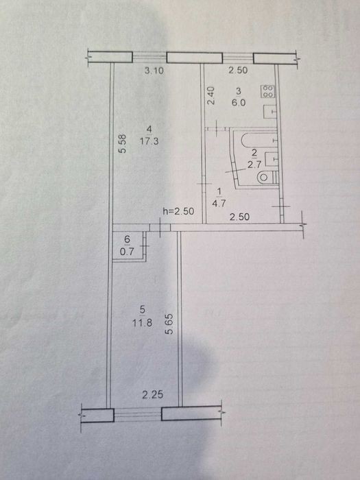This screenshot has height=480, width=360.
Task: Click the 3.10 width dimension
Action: point(154,71)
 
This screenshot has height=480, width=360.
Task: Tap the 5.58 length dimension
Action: point(123,144)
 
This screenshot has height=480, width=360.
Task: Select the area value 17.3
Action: point(149,141)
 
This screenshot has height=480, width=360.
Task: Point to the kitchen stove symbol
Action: point(268,91)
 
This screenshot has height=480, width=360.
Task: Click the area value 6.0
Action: point(239,103)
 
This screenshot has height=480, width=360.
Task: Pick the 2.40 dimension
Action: point(211,96)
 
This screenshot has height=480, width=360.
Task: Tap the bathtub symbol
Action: point(259,140)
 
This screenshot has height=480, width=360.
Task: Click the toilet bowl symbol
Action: point(268,178)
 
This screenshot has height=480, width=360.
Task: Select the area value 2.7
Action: point(254,165)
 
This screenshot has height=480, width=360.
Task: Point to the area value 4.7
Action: point(219,203)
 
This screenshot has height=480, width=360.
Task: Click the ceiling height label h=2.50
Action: point(178,211)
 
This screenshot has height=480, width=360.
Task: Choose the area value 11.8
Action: point(143,323)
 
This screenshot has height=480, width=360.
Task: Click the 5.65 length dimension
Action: point(169,324)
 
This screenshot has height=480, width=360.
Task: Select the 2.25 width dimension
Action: point(153,395)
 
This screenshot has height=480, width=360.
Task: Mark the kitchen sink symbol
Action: point(271,112)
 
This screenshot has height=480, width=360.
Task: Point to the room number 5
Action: point(143,310)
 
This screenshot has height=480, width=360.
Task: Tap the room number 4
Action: point(149,128)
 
